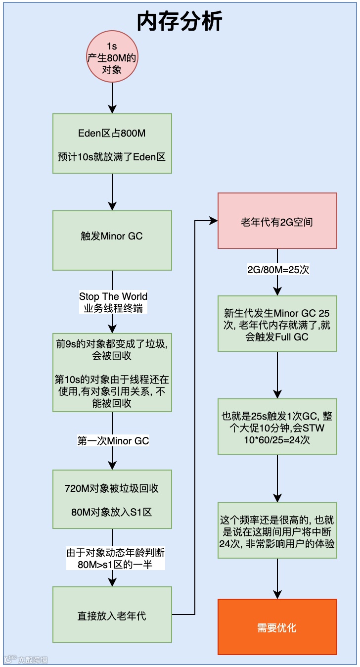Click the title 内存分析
(180, 21)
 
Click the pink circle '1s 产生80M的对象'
(112, 58)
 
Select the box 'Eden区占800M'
(112, 143)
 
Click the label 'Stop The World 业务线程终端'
(113, 302)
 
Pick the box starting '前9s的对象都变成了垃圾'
(112, 373)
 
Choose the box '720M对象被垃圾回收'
(112, 499)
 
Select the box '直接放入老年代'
(112, 616)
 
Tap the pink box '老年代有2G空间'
(277, 221)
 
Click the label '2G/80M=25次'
(278, 270)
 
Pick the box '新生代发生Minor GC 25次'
(277, 324)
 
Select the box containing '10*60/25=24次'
(277, 427)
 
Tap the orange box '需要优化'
(277, 627)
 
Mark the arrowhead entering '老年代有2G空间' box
(214, 221)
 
